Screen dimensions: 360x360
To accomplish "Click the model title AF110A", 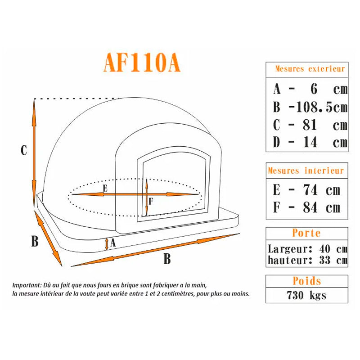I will click(x=142, y=63).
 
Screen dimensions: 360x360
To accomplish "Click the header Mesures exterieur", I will click(x=310, y=69).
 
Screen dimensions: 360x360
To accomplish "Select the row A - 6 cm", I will click(x=310, y=89).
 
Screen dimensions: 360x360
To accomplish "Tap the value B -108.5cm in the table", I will click(x=310, y=107).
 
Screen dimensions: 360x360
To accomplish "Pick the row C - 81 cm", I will click(x=310, y=125).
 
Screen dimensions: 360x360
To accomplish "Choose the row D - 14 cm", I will click(x=310, y=143).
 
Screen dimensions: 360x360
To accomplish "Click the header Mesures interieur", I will click(x=306, y=171).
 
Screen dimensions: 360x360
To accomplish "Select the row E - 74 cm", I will click(x=306, y=190).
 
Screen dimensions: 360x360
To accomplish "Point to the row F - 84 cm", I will click(x=306, y=208).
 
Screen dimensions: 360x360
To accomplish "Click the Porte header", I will click(x=306, y=233).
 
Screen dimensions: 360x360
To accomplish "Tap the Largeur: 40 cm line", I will click(x=307, y=248).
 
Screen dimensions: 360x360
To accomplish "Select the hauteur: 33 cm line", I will click(x=307, y=260).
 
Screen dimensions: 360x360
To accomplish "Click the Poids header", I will click(x=306, y=281).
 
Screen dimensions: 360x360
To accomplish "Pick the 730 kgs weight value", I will click(x=306, y=296).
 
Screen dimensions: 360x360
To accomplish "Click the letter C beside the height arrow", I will click(x=24, y=151).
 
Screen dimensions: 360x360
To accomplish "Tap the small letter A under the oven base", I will click(x=113, y=243).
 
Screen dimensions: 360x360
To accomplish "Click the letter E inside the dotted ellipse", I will click(x=104, y=189).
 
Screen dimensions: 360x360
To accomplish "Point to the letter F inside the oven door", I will click(x=151, y=202).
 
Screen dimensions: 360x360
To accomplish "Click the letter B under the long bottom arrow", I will click(x=167, y=259).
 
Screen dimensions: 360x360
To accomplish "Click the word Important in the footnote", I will click(x=27, y=285).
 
